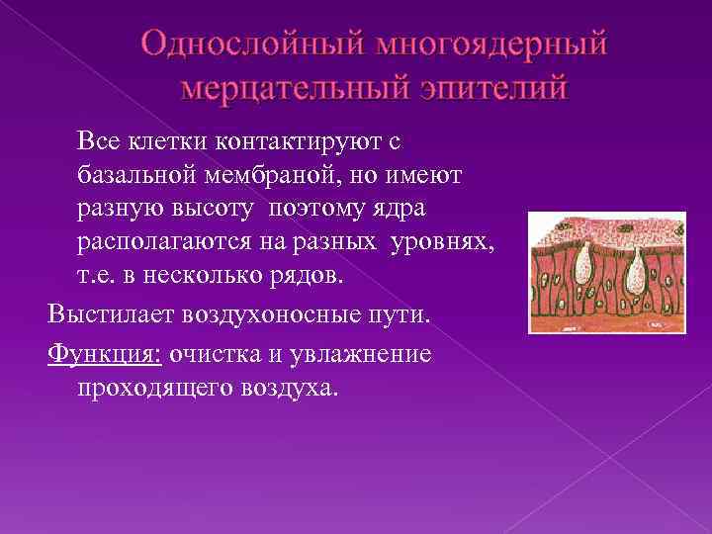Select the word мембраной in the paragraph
287,175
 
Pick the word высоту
224,209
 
